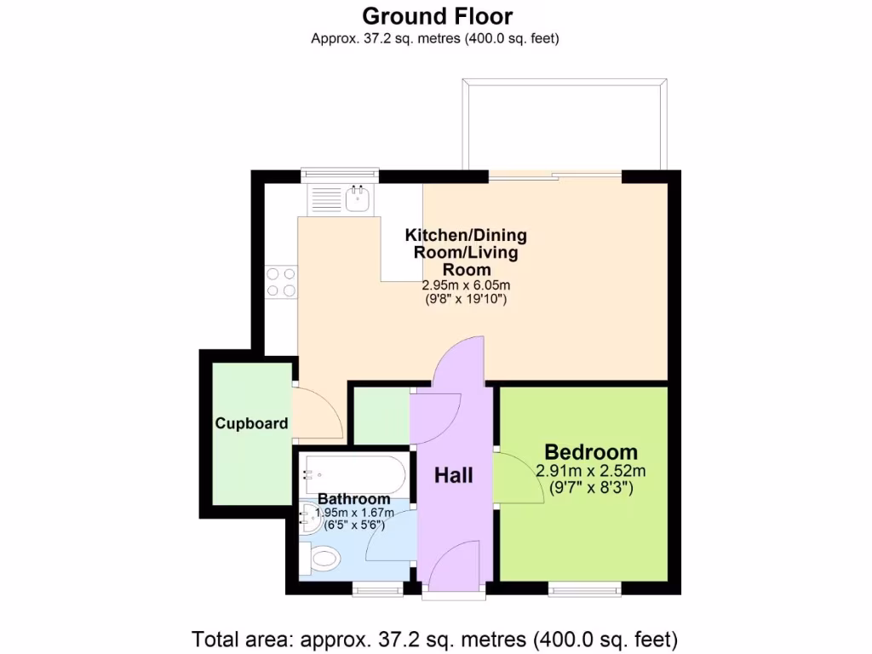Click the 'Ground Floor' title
tap(438, 16)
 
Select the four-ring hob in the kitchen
tap(282, 283)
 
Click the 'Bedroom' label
tap(590, 452)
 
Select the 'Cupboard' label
tap(251, 423)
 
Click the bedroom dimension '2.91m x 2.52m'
tap(590, 471)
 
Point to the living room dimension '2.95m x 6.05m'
tap(466, 285)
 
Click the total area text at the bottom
tap(435, 638)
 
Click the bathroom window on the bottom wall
tap(379, 588)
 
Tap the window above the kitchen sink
tap(340, 175)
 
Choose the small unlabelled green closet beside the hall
tap(381, 416)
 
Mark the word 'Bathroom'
tap(354, 499)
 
